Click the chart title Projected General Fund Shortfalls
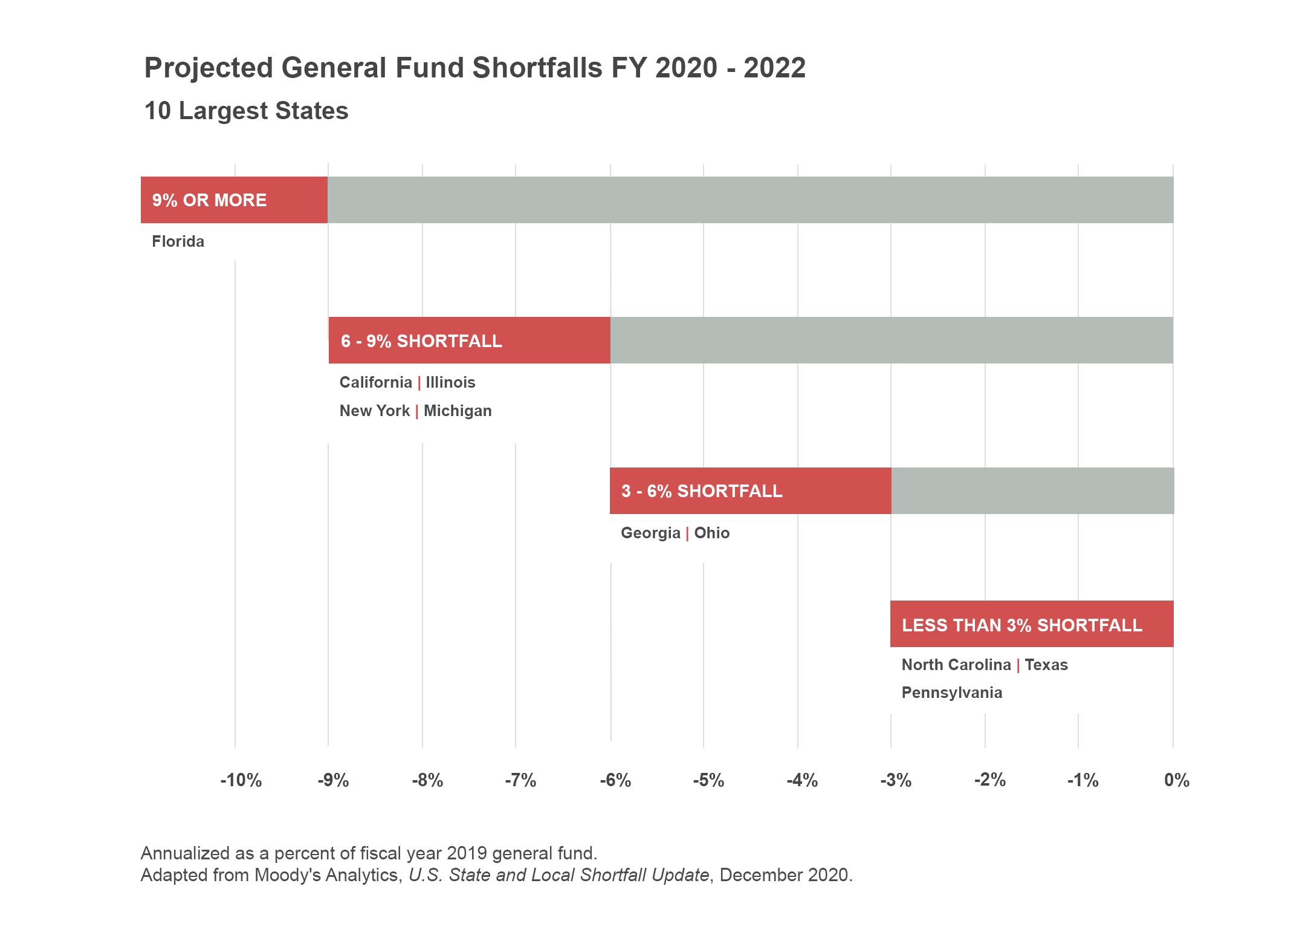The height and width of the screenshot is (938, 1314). pos(474,68)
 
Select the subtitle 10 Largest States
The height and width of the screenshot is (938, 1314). pos(247,111)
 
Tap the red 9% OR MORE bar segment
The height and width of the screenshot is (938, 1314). pos(234,200)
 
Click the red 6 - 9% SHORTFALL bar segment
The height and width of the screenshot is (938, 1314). pos(469,340)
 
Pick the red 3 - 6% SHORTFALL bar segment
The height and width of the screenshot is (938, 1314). pos(750,491)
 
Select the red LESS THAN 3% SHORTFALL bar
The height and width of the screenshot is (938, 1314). pos(1031,624)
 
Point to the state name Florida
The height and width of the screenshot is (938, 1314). pos(178,242)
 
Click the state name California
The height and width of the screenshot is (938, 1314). pos(375,383)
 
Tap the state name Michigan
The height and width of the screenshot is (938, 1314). pos(458,411)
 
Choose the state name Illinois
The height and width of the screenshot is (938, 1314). pos(450,383)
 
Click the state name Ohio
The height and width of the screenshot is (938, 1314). pos(711,533)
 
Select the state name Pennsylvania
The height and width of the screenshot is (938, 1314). pos(951,693)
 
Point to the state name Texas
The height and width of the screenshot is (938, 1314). pos(1046,665)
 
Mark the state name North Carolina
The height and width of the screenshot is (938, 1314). pos(956,665)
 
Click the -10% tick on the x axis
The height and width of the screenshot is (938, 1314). pos(241,781)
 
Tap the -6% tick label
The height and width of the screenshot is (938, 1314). pos(615,781)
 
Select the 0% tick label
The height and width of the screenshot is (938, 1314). pos(1176,781)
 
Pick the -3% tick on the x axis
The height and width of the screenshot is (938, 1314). pos(895,781)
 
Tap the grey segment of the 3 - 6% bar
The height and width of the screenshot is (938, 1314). pos(1032,491)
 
